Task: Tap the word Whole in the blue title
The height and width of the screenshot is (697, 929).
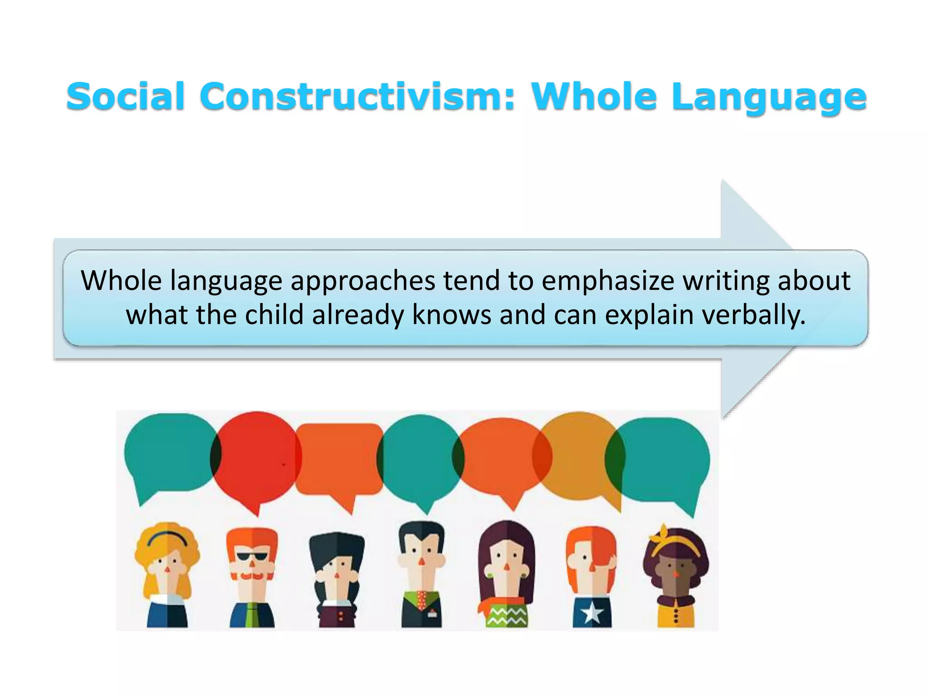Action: pyautogui.click(x=594, y=97)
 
